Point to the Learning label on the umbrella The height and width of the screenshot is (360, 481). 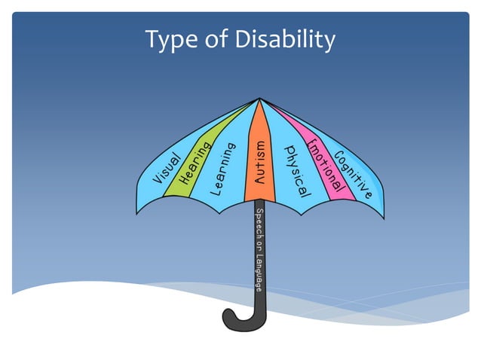tap(223, 168)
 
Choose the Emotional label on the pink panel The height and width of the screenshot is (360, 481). tap(325, 163)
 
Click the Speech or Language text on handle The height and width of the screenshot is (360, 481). tap(259, 249)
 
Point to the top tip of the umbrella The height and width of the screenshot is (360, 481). tap(259, 98)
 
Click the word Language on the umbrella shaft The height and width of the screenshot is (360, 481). tap(259, 270)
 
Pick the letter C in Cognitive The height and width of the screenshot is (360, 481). tap(338, 157)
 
